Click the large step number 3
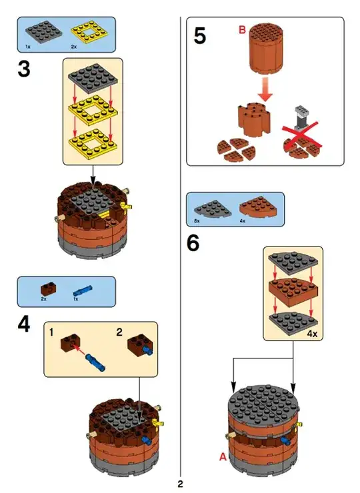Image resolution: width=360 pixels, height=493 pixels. [24, 69]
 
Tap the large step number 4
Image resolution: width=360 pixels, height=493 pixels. [24, 324]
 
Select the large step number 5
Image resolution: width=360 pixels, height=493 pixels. [200, 36]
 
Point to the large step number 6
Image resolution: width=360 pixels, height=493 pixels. [193, 243]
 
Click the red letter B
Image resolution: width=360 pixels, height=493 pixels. [242, 30]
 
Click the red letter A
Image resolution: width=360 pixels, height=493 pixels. [223, 456]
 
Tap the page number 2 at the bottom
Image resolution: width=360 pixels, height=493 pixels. [180, 484]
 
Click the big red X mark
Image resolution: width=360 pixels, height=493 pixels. [301, 136]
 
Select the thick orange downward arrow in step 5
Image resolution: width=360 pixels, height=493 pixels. [265, 90]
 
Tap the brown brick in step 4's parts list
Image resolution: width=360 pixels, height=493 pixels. [49, 288]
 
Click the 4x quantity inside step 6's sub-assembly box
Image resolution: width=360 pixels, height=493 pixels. [312, 334]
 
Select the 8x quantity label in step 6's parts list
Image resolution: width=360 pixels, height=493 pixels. [197, 221]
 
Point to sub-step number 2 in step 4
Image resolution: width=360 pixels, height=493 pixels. [119, 332]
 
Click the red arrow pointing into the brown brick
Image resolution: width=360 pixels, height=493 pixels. [79, 350]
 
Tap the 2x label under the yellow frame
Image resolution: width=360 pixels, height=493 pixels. [74, 47]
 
